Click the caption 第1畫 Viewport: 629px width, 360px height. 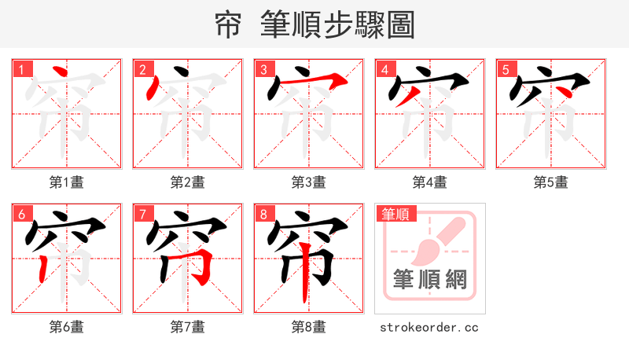click(66, 182)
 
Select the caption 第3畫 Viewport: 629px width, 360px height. click(308, 182)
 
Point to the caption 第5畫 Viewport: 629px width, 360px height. click(550, 182)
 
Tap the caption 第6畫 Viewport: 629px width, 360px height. click(66, 327)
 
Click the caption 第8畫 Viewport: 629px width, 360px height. click(308, 327)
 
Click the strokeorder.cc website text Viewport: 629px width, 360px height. click(429, 327)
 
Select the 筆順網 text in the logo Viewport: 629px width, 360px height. click(430, 279)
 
